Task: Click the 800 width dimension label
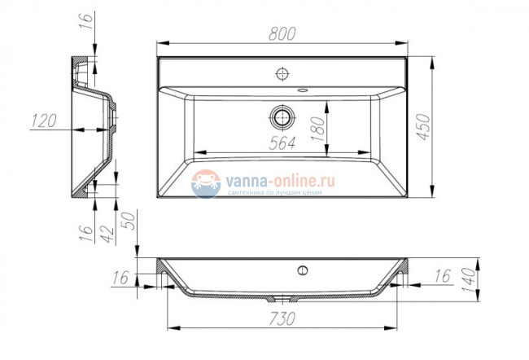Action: pyautogui.click(x=281, y=33)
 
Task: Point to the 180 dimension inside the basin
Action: pyautogui.click(x=318, y=126)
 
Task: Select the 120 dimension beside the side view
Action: pyautogui.click(x=42, y=121)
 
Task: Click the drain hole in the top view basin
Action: pyautogui.click(x=282, y=116)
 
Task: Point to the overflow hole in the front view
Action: pyautogui.click(x=303, y=270)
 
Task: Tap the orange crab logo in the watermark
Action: pyautogui.click(x=206, y=183)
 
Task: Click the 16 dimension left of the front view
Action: pyautogui.click(x=120, y=278)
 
